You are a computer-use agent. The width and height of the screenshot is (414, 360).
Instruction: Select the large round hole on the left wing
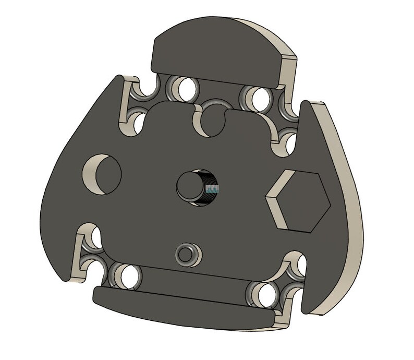(x=103, y=173)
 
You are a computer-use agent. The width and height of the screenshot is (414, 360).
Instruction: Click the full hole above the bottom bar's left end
(x=127, y=275)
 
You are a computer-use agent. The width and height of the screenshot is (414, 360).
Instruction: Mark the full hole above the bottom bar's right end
(x=266, y=295)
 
